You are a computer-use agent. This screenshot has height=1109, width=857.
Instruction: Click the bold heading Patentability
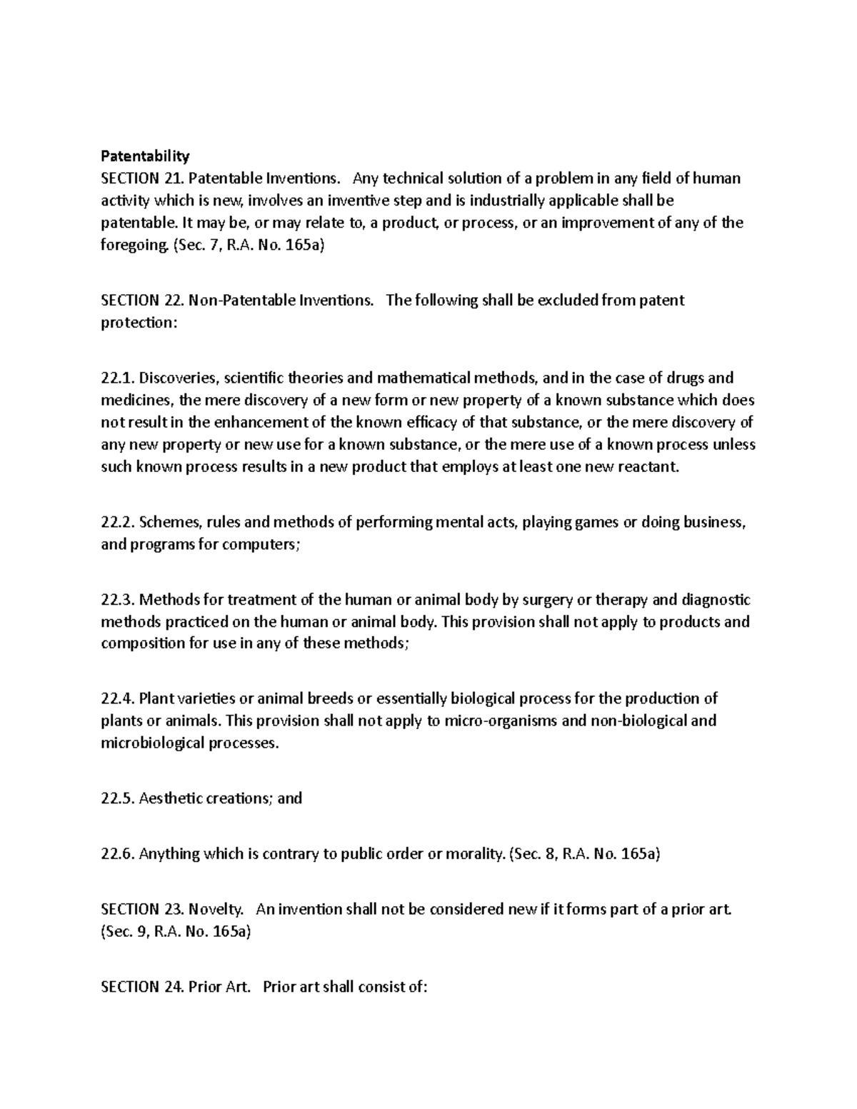[x=145, y=156]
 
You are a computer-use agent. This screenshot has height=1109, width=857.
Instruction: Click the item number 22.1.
[x=118, y=378]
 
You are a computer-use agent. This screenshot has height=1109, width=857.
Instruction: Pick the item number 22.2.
[x=118, y=522]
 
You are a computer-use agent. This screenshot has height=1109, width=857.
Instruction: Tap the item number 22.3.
[x=118, y=599]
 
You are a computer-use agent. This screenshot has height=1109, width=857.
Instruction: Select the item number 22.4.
[x=118, y=698]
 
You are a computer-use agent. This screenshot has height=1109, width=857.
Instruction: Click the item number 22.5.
[x=118, y=798]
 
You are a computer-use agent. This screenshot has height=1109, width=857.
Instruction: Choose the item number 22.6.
[x=118, y=853]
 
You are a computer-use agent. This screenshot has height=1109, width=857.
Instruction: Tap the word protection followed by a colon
[x=136, y=322]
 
